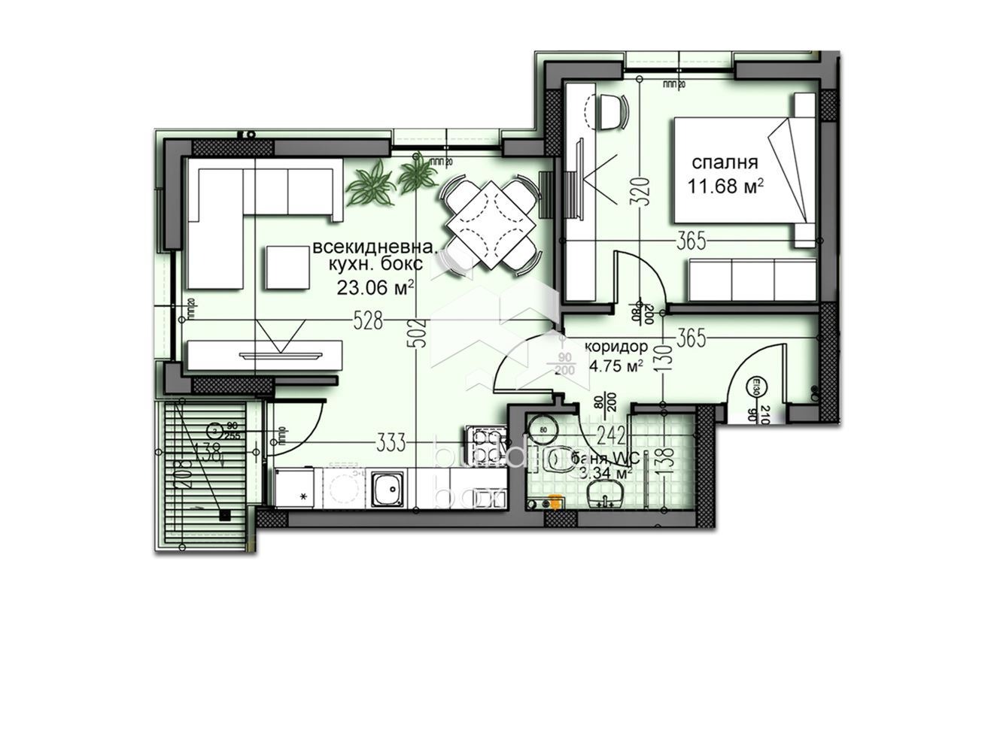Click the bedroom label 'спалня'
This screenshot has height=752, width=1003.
[725, 162]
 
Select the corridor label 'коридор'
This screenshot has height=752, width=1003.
[616, 347]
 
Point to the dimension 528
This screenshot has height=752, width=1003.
[368, 321]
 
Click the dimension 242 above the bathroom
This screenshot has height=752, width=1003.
[610, 435]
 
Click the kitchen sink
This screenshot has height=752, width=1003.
[388, 489]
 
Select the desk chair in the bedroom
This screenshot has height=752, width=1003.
[612, 111]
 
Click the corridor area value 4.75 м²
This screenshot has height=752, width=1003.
[616, 367]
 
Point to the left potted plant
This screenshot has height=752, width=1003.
[370, 185]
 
